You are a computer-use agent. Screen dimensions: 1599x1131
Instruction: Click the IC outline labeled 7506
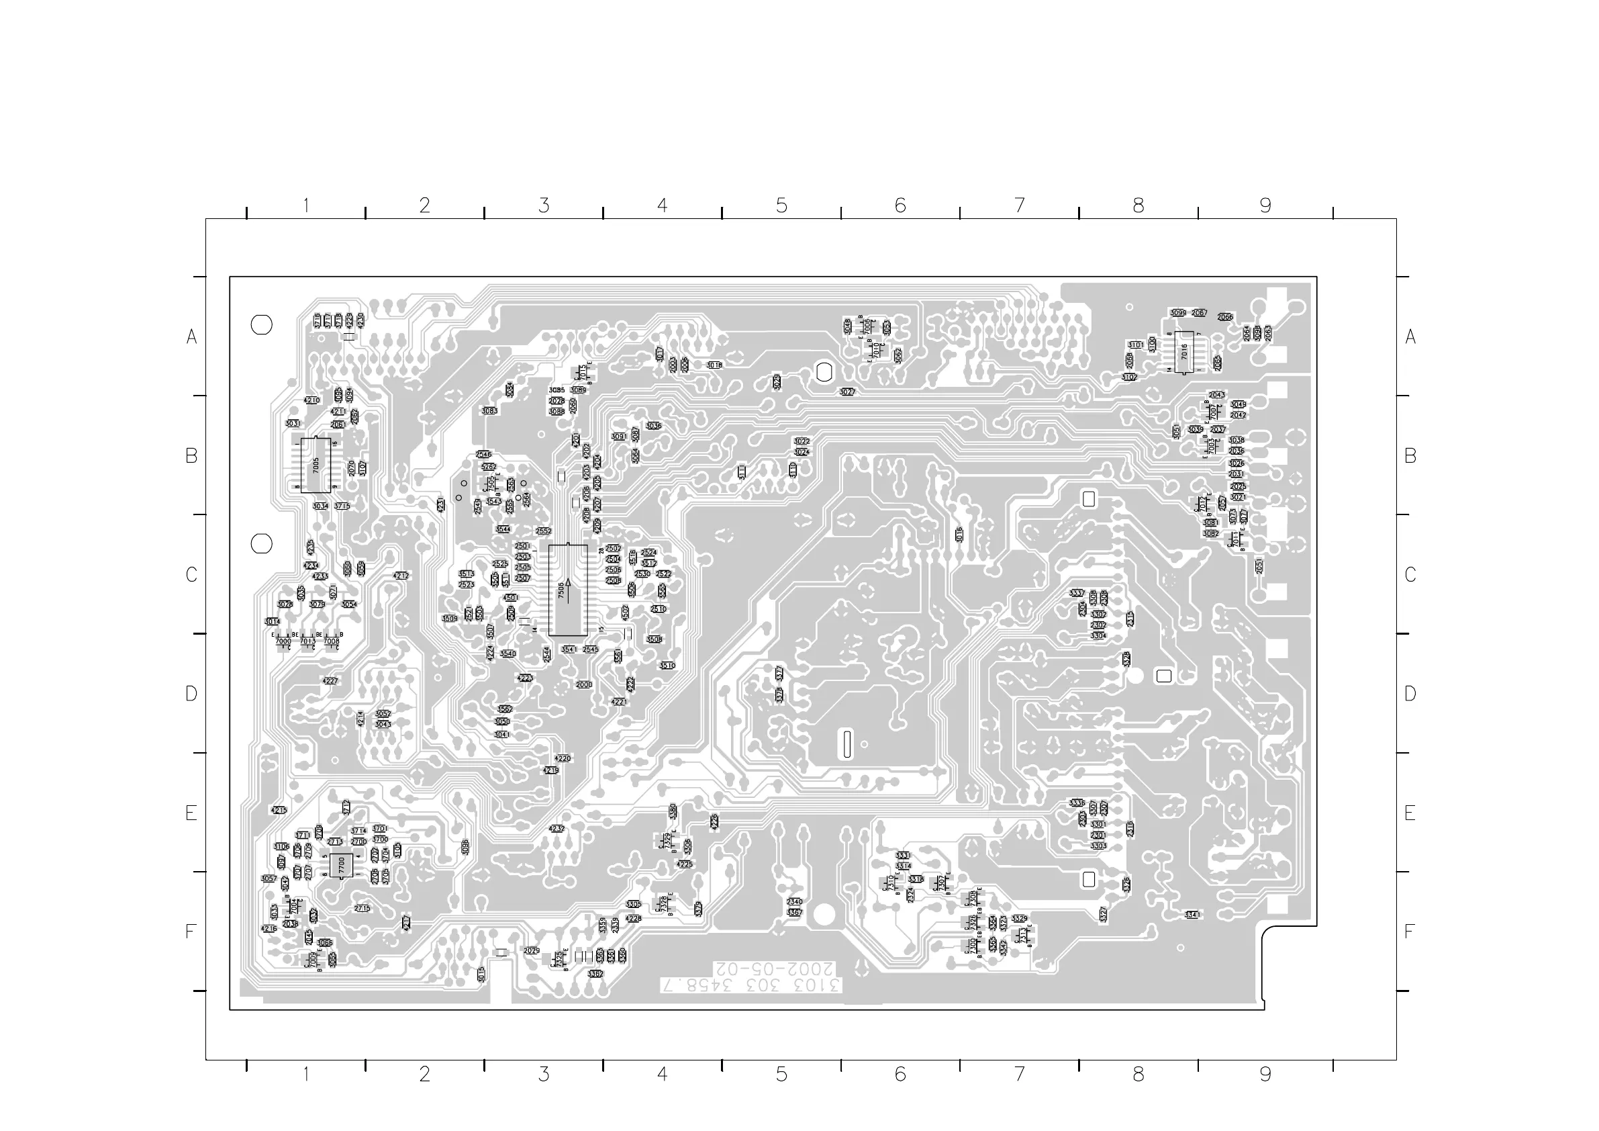tap(568, 590)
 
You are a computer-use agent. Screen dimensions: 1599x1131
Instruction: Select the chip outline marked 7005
tap(316, 465)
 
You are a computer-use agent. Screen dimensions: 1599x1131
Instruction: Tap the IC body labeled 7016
tap(1184, 351)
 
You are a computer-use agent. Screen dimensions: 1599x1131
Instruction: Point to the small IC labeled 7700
tap(341, 866)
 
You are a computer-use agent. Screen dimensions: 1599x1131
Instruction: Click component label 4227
tap(330, 681)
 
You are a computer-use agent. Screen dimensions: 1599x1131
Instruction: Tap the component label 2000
tap(583, 684)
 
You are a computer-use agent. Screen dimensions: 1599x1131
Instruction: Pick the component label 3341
tap(1192, 915)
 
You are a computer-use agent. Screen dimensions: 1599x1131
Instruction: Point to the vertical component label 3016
tap(959, 535)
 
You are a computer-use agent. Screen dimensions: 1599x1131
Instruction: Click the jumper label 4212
tap(401, 576)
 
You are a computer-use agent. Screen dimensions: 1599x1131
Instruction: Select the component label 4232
tap(556, 829)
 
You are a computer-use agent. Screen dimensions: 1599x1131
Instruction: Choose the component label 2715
tap(361, 908)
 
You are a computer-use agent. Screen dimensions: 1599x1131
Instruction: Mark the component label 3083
tap(489, 411)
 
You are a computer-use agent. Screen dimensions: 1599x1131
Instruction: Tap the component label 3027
tap(847, 392)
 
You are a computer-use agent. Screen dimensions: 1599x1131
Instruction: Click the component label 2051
tap(1259, 567)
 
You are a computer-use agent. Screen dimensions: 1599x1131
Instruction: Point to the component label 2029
tap(532, 950)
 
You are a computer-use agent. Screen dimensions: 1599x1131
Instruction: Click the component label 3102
tap(1130, 377)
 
